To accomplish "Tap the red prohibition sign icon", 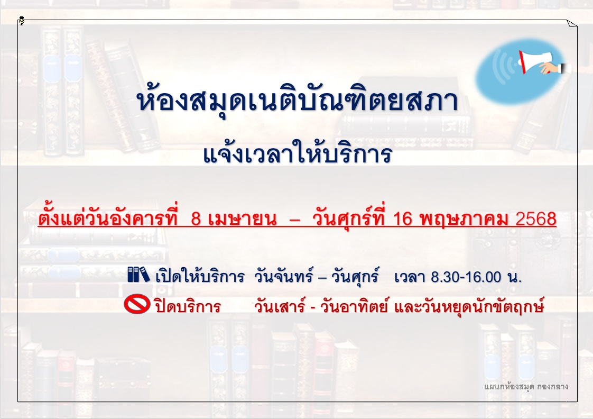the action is click(x=137, y=304).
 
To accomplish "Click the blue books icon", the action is click(x=138, y=275).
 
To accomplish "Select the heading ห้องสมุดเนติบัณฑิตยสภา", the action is click(x=297, y=101).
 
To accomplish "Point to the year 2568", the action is click(x=536, y=219).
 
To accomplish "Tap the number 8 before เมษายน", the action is click(x=196, y=219).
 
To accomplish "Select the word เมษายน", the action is click(x=243, y=219).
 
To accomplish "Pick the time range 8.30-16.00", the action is click(x=466, y=277).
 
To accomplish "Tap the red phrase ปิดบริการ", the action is click(x=188, y=305).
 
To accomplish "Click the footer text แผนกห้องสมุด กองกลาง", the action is click(x=526, y=386).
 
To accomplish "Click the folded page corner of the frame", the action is click(x=572, y=23).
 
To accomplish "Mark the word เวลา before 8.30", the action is click(x=409, y=277).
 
